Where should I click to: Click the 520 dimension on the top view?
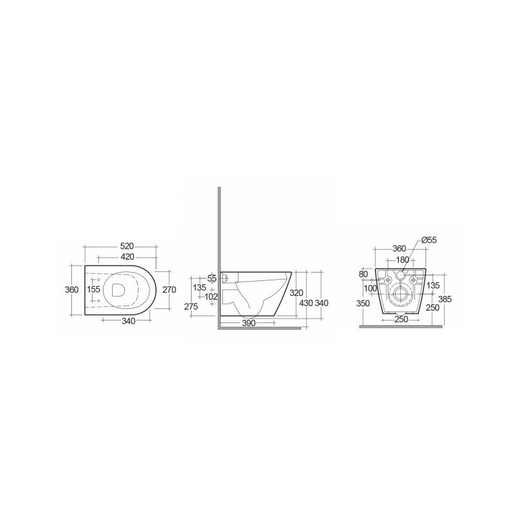pos(127,246)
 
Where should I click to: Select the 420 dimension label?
pos(128,256)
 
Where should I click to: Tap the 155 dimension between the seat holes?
pos(93,289)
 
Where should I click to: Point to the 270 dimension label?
pos(170,289)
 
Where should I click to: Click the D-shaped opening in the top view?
pos(118,289)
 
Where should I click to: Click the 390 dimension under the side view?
pos(249,322)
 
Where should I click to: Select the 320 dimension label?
pos(296,293)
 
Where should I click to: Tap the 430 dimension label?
pos(306,302)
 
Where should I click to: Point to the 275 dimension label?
pos(191,306)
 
